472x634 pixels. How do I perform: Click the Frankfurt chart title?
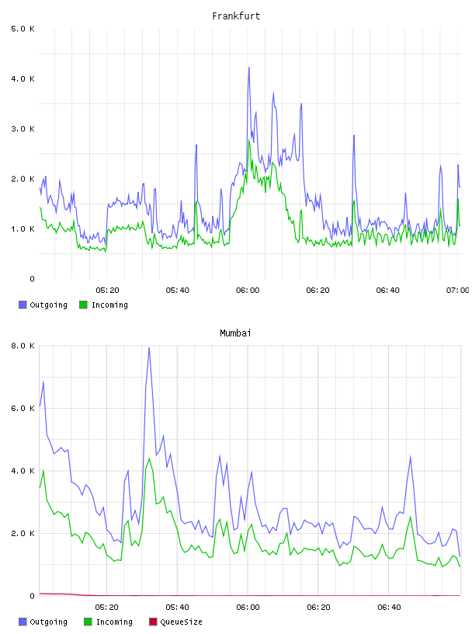point(236,16)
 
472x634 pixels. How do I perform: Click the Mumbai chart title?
point(235,333)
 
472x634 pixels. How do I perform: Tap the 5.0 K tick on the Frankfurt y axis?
point(23,29)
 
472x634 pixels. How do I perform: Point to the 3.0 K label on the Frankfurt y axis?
point(23,129)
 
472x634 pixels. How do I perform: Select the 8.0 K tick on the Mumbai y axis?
point(23,346)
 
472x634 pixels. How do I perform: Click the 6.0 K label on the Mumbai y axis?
point(23,409)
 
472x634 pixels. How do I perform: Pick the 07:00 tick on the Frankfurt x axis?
point(458,291)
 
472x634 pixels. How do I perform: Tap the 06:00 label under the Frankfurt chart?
point(248,291)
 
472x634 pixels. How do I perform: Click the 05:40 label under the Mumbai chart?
point(177,608)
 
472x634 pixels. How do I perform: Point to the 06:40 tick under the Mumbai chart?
point(389,608)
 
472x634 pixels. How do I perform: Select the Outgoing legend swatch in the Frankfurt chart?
point(23,305)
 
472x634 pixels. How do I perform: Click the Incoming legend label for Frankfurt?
point(109,305)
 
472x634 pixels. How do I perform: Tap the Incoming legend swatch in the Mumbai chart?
point(88,622)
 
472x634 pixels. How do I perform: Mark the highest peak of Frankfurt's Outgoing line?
point(249,68)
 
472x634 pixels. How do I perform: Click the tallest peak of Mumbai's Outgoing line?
point(149,348)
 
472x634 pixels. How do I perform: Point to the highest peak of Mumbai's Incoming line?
point(149,458)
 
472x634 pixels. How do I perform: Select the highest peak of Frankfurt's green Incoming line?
point(249,140)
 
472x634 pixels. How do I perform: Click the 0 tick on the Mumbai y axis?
point(32,596)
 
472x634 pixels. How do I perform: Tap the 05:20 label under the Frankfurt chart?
point(107,291)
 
